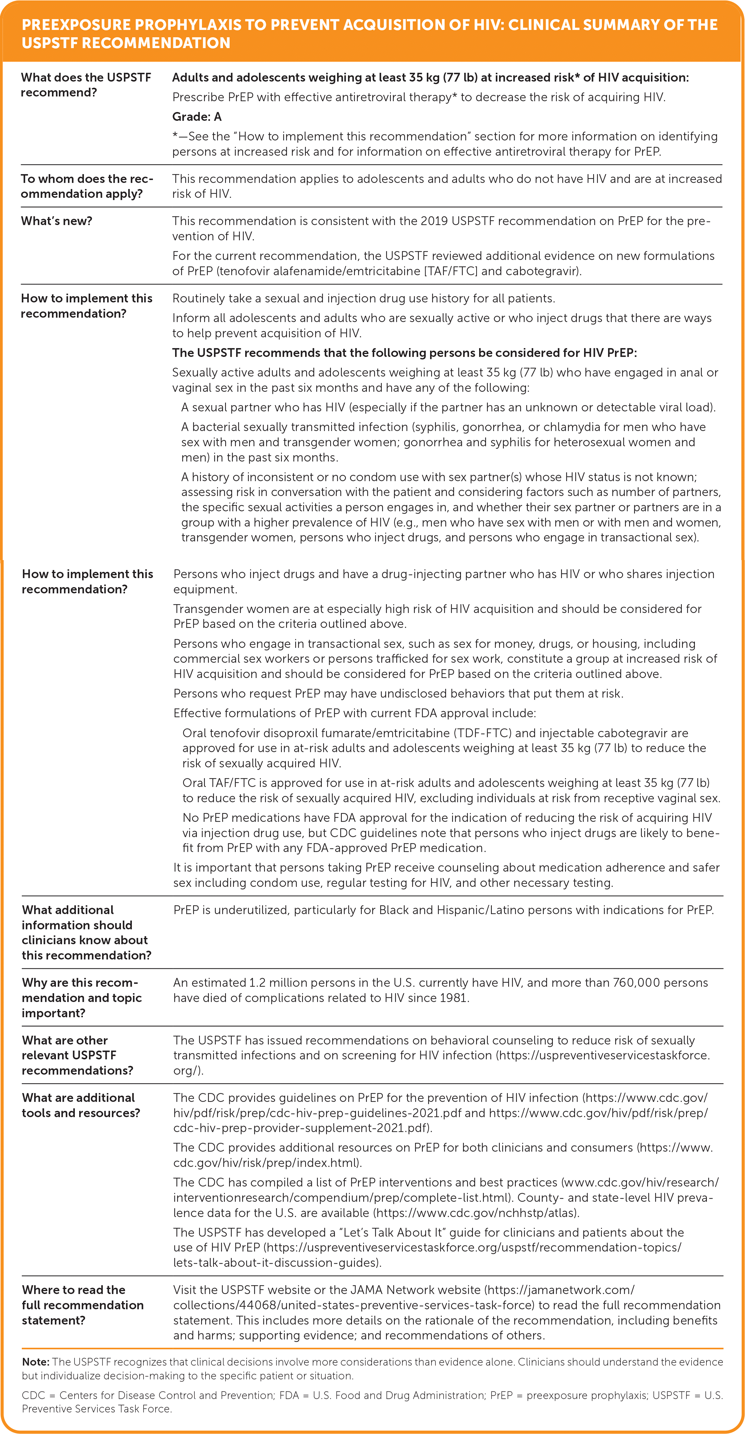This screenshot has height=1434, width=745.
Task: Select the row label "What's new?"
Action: click(56, 221)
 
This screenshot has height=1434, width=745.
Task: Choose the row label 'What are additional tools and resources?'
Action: click(81, 1105)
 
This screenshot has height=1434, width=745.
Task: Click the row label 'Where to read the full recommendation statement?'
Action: click(82, 1305)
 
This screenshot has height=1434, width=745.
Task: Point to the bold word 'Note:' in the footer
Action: click(36, 1362)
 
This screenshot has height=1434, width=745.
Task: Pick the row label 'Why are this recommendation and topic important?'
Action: click(81, 997)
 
